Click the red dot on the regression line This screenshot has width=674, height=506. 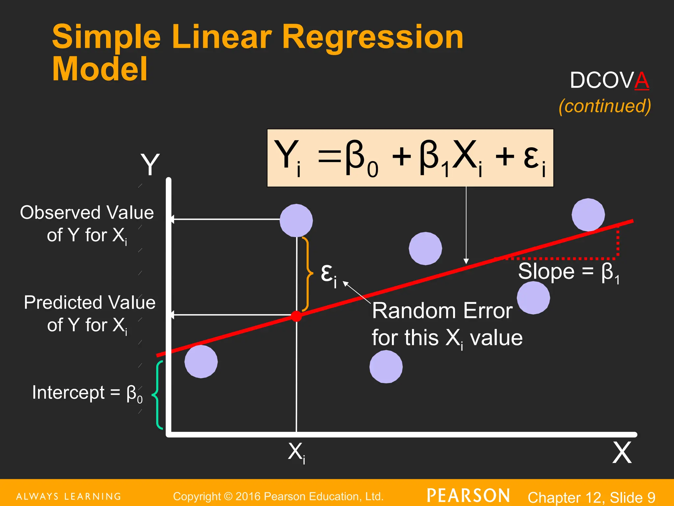tap(296, 316)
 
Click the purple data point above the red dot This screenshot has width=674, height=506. tap(296, 220)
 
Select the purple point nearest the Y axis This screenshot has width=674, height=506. tap(201, 361)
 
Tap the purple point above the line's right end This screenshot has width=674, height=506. tap(588, 215)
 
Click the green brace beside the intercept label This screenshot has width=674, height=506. tap(158, 395)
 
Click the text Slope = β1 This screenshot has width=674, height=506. tap(569, 272)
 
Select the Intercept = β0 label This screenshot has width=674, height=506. tap(87, 393)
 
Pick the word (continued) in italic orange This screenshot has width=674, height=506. tap(605, 106)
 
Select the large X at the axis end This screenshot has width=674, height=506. tap(622, 453)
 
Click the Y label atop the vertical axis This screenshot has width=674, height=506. tap(150, 164)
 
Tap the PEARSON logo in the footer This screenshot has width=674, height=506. tap(468, 496)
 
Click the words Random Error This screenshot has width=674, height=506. tap(442, 311)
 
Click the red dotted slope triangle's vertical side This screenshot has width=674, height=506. tap(618, 242)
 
